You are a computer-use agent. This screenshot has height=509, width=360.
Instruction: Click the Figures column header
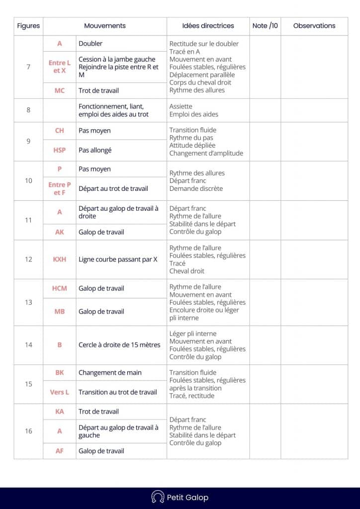point(28,26)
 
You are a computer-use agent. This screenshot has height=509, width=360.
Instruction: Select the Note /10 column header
point(265,26)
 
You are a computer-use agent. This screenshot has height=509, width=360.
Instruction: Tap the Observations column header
point(314,26)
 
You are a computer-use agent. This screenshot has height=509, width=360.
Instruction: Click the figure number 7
point(28,67)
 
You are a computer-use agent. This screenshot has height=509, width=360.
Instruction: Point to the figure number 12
point(28,259)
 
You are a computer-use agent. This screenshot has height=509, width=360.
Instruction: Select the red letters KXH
point(59,259)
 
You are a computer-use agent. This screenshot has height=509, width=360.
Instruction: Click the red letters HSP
point(59,150)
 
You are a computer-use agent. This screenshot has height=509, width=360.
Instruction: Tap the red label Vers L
point(59,392)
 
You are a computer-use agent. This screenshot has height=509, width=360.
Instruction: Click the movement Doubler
point(90,44)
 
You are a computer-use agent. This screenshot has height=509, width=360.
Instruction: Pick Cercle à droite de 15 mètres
point(119,344)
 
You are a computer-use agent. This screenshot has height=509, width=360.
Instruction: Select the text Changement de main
point(110,373)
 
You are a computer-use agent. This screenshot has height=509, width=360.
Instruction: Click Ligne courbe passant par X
point(118,259)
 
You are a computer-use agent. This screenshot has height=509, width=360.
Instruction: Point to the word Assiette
point(180,106)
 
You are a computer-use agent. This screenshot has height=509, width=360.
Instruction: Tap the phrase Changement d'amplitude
point(206,154)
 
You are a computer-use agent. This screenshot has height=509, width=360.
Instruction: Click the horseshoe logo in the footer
point(158,497)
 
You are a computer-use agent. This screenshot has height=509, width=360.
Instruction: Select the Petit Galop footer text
point(187,497)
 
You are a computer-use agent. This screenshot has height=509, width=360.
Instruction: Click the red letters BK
point(59,373)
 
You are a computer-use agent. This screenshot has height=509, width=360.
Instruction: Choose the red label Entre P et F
point(59,189)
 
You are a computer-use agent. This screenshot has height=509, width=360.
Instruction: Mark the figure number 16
point(28,431)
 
